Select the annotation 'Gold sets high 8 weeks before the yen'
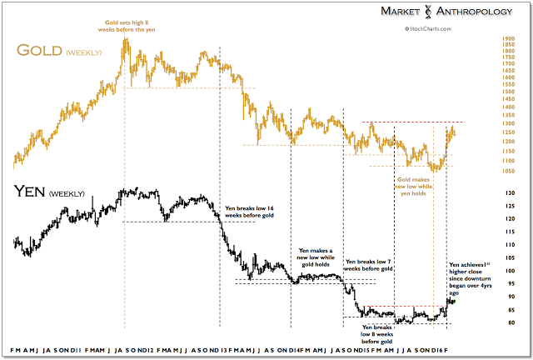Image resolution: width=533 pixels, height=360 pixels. tap(127, 23)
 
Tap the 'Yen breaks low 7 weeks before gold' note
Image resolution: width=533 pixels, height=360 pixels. tap(367, 265)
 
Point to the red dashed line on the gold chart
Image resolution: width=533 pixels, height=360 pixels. tap(416, 122)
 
